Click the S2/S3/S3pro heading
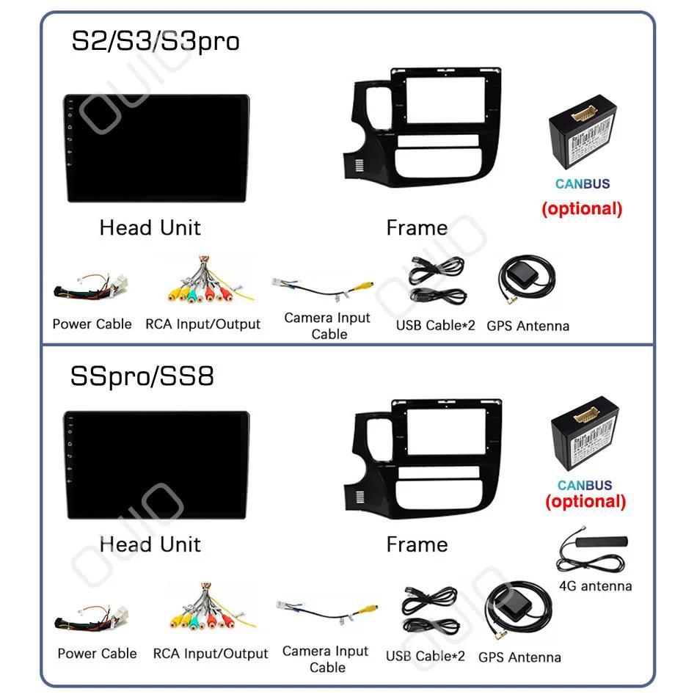click(x=155, y=41)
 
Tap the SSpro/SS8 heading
click(x=142, y=376)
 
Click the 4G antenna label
click(x=595, y=585)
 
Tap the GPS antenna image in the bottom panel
click(x=520, y=613)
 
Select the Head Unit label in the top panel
click(x=150, y=228)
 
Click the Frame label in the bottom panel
click(x=417, y=544)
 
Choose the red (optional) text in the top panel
click(x=582, y=208)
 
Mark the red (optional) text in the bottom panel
click(x=585, y=502)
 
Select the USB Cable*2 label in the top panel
click(x=436, y=325)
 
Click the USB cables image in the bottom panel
click(x=429, y=610)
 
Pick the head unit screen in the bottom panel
click(x=156, y=464)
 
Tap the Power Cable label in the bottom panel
click(x=97, y=653)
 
